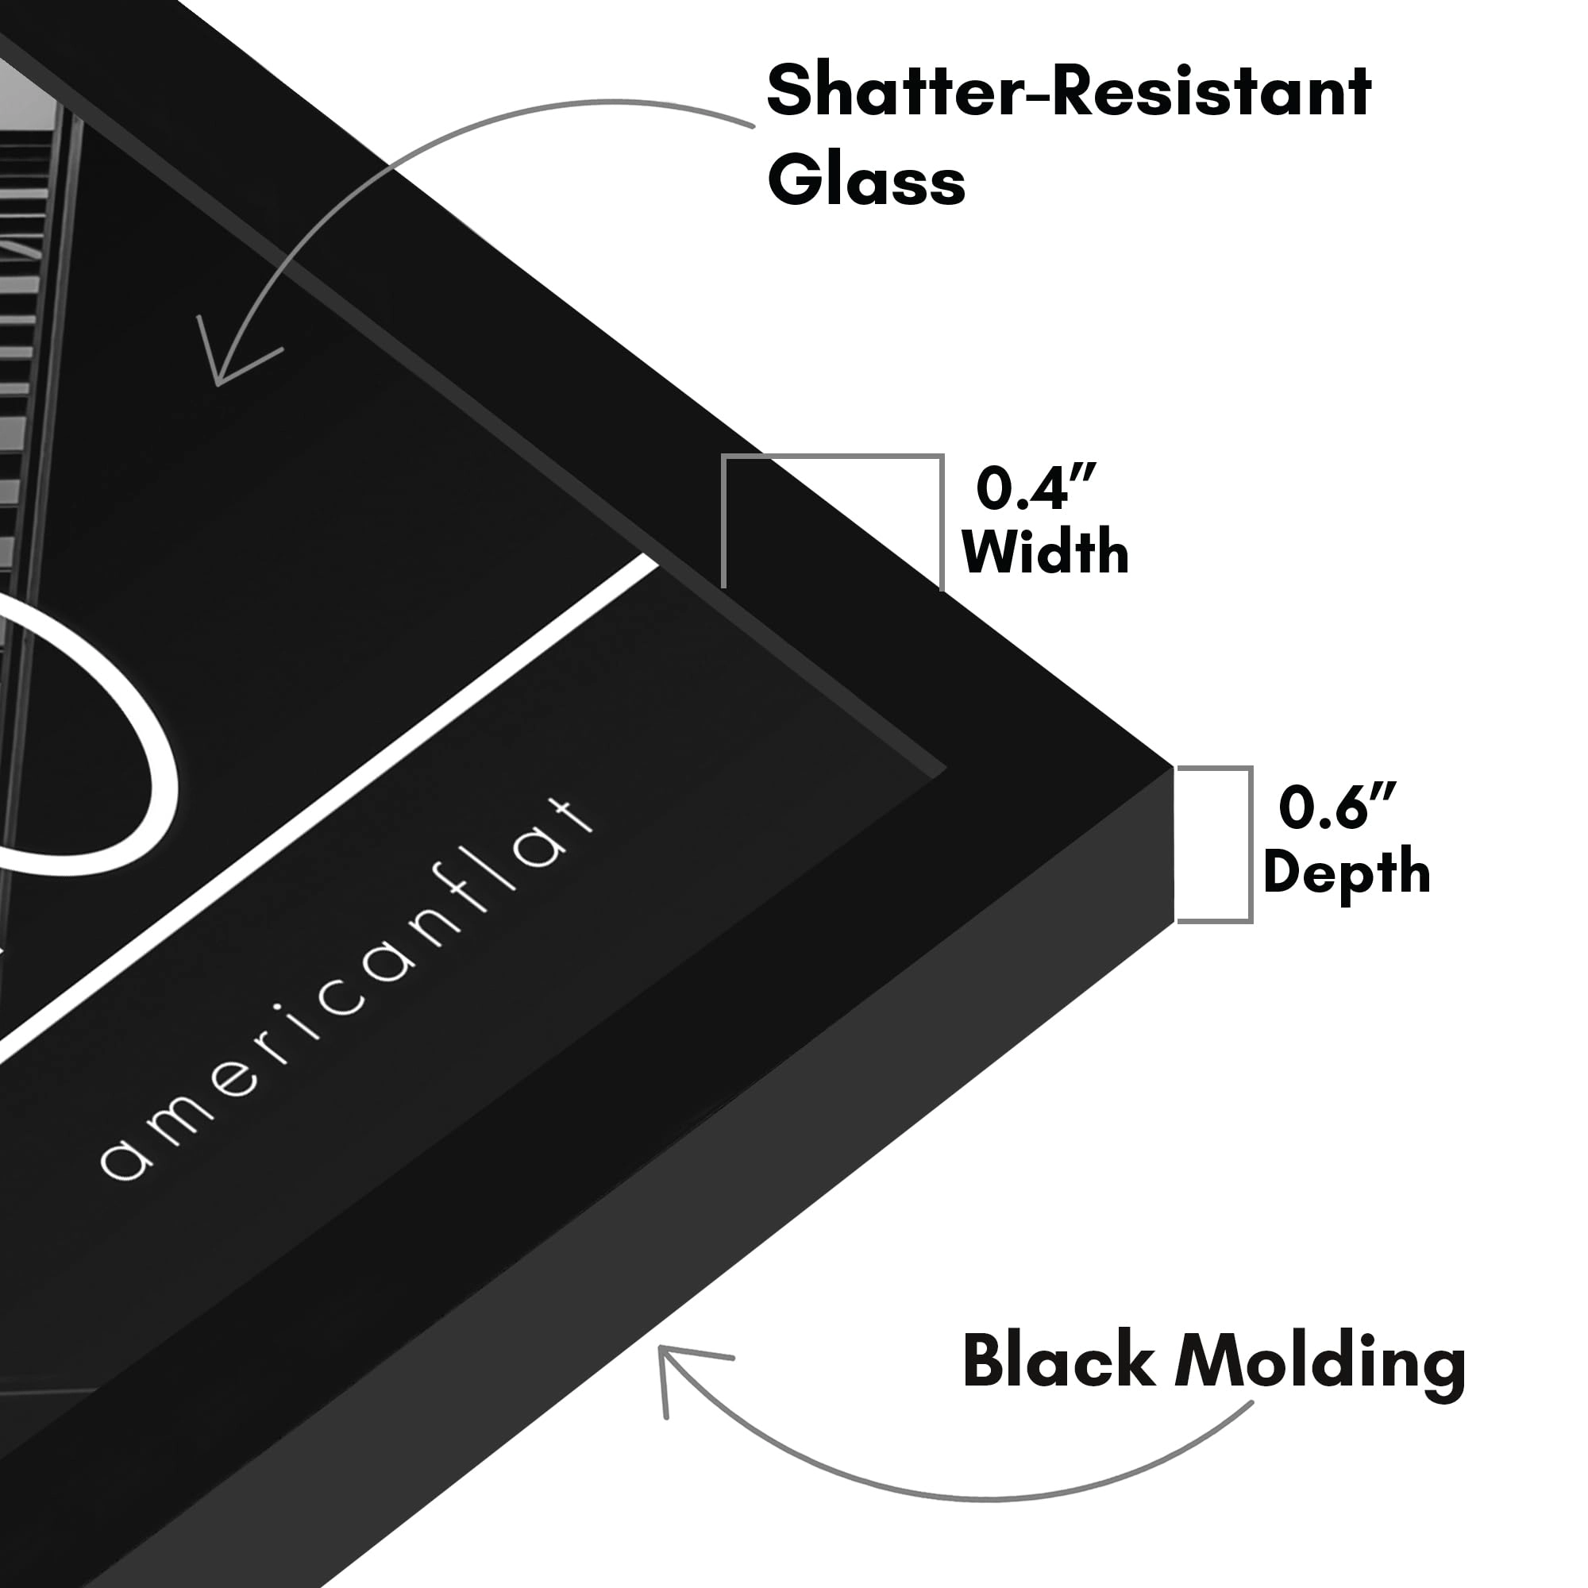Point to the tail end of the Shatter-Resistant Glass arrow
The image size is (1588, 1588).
[753, 125]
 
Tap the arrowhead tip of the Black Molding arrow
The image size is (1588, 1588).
[661, 1348]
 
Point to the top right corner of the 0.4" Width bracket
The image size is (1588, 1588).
[942, 455]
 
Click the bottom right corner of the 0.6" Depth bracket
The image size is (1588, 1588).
[1251, 921]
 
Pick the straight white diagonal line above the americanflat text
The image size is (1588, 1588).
[329, 810]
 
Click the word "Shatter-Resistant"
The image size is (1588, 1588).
[1070, 92]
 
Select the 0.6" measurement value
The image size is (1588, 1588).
[1337, 807]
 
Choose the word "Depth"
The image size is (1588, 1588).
[1347, 872]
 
